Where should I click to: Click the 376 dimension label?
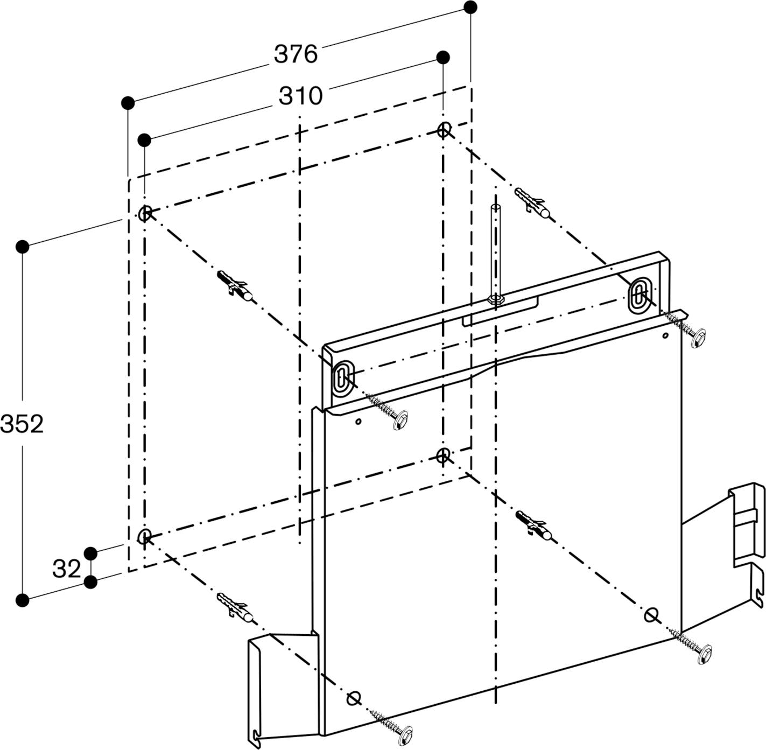296,54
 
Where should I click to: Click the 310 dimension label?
300,96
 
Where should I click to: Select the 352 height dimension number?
22,424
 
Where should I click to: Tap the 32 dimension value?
66,569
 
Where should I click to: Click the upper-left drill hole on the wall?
145,214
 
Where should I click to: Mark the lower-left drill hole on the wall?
145,536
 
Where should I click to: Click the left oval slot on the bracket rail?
341,378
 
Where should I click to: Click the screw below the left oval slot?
388,412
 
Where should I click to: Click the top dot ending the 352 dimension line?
23,247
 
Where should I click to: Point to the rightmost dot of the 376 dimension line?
470,7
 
